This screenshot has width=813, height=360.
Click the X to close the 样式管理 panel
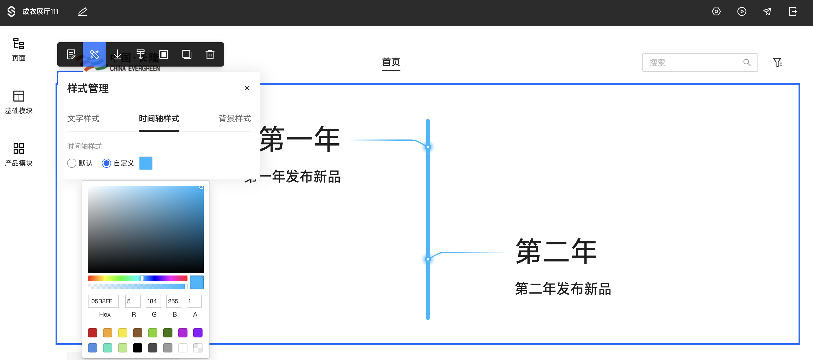point(247,88)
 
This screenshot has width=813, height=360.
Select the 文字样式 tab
point(83,118)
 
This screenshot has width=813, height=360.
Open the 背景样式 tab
point(234,118)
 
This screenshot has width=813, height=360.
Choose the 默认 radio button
point(72,163)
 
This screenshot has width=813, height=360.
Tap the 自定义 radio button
point(106,163)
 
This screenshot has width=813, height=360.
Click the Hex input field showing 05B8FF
point(103,301)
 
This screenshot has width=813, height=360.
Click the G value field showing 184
point(153,301)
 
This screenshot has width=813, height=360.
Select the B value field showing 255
point(174,301)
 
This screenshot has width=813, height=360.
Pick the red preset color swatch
point(93,333)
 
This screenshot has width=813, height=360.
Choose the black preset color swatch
point(138,348)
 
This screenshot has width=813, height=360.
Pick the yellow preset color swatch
point(122,333)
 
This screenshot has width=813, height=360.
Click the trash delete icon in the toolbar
point(210,54)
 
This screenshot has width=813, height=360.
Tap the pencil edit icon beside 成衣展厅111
point(83,12)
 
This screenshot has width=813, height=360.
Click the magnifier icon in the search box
point(747,63)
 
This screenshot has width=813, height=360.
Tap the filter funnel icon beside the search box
point(777,63)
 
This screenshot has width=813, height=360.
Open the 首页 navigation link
point(391,62)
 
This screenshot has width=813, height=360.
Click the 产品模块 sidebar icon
point(19,148)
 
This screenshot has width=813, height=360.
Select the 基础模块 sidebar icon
point(19,96)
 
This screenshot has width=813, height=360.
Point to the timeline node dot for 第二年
point(428,259)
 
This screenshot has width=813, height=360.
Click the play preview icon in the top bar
point(742,12)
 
